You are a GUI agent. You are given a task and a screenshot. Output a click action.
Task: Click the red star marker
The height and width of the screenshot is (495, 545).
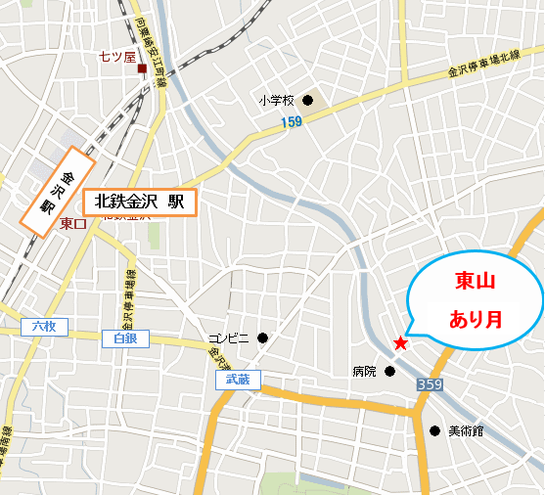click(x=399, y=343)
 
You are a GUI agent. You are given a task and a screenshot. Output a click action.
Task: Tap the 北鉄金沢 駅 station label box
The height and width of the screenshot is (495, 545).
click(x=140, y=202)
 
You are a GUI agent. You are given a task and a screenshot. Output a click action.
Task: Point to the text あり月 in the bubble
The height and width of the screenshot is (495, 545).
click(x=475, y=319)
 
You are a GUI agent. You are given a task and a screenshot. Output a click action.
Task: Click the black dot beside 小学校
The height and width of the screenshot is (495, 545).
click(x=307, y=100)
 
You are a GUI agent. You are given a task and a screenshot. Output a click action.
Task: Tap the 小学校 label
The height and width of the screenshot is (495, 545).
click(x=277, y=100)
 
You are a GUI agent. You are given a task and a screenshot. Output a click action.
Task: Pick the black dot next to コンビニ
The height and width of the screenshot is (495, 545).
click(x=262, y=338)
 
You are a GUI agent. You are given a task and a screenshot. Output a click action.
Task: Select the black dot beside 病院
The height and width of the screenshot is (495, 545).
click(x=389, y=371)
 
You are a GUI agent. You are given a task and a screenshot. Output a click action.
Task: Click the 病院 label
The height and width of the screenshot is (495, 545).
click(x=364, y=372)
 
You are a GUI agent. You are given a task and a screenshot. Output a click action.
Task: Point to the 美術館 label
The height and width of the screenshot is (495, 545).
click(x=466, y=430)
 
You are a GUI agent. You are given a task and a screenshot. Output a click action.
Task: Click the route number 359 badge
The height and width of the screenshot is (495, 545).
click(x=429, y=386)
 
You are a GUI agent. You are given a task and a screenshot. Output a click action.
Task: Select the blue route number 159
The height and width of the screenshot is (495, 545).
click(x=290, y=121)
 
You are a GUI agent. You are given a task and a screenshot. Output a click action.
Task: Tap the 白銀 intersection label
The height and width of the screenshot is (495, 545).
click(x=125, y=337)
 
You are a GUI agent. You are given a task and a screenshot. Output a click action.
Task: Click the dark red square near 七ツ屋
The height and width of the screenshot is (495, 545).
click(x=142, y=68)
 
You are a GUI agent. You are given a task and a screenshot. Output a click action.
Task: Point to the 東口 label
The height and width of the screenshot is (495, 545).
click(x=73, y=224)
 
